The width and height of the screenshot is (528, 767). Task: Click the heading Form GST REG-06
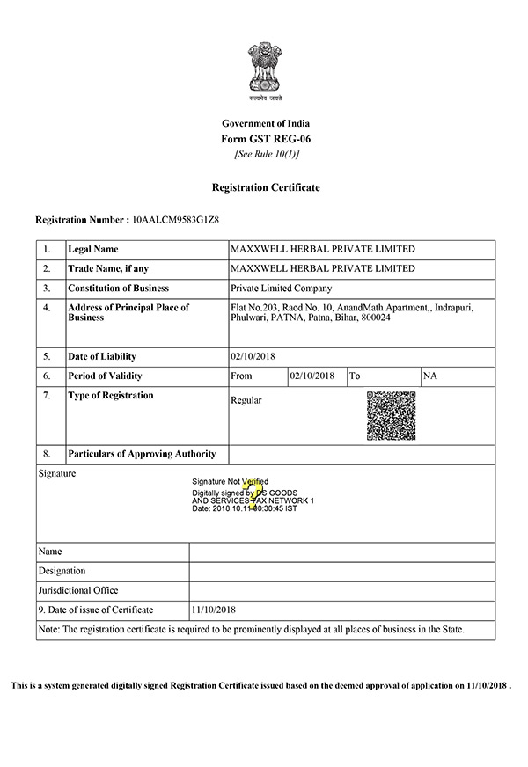pyautogui.click(x=265, y=139)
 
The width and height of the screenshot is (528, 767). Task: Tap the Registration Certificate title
pyautogui.click(x=265, y=187)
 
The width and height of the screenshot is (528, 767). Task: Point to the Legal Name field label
pyautogui.click(x=92, y=250)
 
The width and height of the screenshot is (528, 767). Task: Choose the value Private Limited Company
pyautogui.click(x=281, y=289)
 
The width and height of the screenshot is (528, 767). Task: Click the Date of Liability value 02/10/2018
pyautogui.click(x=253, y=357)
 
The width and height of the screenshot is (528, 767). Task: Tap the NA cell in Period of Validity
pyautogui.click(x=430, y=376)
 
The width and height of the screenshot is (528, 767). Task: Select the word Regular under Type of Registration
pyautogui.click(x=246, y=400)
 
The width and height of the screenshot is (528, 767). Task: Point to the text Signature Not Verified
pyautogui.click(x=230, y=482)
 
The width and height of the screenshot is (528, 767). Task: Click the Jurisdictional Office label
pyautogui.click(x=78, y=590)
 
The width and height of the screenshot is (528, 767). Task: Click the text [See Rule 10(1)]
pyautogui.click(x=265, y=155)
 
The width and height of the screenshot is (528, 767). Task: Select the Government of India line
pyautogui.click(x=265, y=123)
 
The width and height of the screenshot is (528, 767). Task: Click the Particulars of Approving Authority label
pyautogui.click(x=141, y=454)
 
